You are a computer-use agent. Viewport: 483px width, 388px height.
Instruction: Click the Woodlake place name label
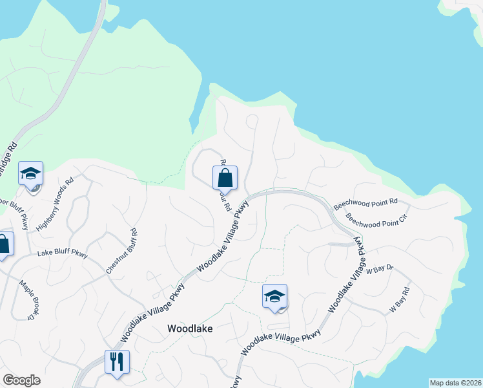(190, 328)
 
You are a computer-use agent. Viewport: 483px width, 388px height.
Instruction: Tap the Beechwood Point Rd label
(365, 204)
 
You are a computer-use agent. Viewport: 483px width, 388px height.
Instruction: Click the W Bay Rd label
(398, 301)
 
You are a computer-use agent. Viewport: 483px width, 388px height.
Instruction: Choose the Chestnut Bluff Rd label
(121, 251)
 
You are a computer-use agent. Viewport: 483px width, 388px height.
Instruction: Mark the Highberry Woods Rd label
(56, 206)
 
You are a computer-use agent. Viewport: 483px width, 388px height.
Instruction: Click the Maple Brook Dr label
(26, 299)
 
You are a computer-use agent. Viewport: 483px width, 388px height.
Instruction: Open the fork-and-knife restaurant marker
(117, 361)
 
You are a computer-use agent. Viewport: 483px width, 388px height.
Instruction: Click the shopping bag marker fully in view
(225, 178)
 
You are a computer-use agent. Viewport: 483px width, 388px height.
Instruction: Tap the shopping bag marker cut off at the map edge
(3, 245)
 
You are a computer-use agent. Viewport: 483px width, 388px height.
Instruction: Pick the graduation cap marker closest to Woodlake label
(274, 297)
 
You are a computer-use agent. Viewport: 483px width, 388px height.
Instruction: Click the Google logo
(21, 380)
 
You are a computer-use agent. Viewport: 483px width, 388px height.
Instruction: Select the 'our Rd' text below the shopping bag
(225, 200)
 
